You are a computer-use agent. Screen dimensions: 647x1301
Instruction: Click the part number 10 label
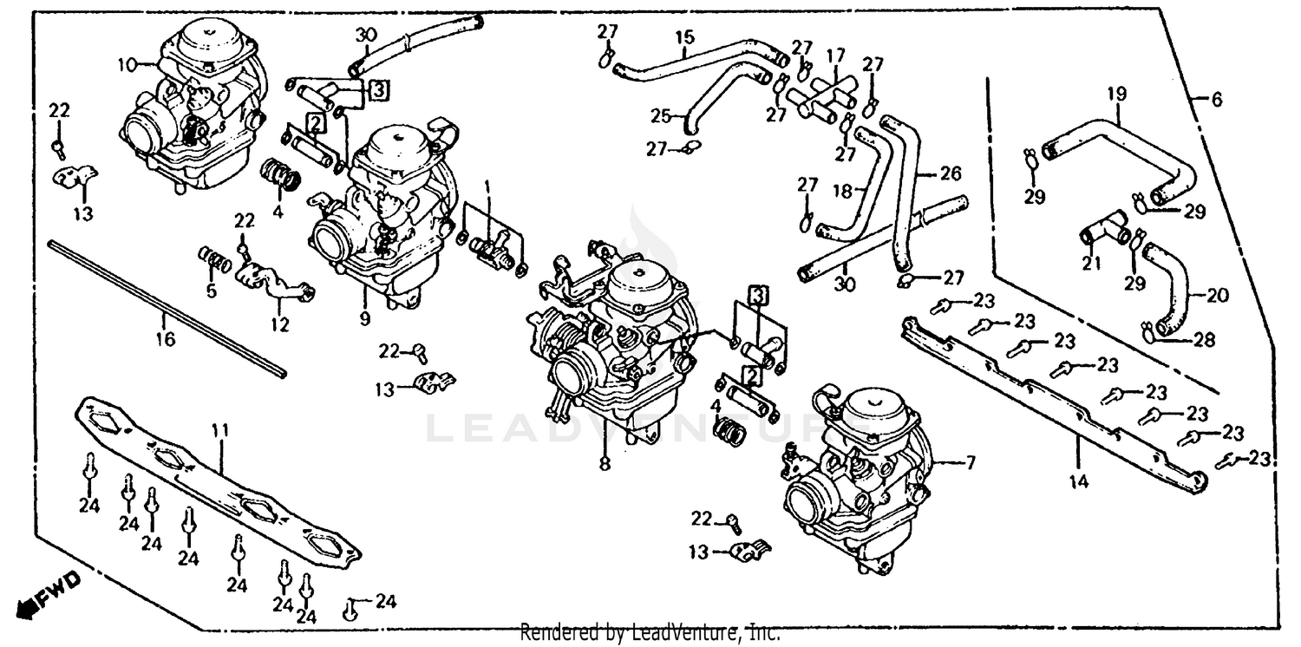pos(127,64)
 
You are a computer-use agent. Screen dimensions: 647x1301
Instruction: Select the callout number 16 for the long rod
pos(164,339)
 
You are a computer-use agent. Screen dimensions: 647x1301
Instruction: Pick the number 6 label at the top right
pos(1216,101)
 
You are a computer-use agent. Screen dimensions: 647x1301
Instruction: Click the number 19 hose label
pos(1115,93)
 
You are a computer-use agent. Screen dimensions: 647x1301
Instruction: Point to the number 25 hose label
pos(660,115)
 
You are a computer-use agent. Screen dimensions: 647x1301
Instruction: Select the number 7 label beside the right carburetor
pos(968,464)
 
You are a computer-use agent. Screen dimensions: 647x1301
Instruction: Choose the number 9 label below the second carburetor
pos(364,318)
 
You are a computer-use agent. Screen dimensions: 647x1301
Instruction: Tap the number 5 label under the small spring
pos(211,291)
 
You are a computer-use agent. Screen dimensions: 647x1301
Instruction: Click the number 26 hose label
pos(951,174)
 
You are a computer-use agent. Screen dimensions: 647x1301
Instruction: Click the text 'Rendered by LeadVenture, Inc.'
pos(650,634)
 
